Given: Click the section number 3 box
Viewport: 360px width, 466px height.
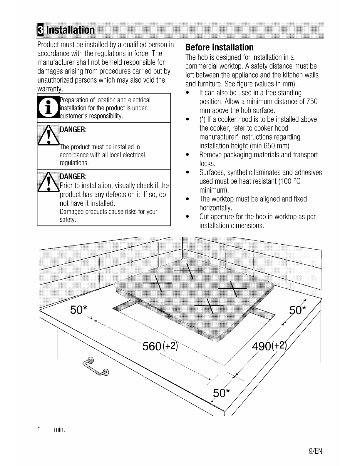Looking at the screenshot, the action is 40,30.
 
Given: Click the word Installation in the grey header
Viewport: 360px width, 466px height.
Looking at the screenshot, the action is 70,30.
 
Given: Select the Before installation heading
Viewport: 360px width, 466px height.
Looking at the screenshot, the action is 220,47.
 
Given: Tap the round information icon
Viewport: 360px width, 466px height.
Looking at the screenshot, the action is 48,107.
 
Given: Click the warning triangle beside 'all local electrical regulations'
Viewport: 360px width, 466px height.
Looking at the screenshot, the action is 49,135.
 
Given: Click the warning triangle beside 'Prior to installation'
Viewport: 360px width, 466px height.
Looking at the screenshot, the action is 49,182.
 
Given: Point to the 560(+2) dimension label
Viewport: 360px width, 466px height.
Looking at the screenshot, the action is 160,346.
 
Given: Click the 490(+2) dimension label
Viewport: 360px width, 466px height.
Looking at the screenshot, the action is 269,345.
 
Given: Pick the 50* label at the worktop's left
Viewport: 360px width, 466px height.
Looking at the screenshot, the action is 79,310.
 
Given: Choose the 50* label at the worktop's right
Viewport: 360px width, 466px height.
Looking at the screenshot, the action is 298,310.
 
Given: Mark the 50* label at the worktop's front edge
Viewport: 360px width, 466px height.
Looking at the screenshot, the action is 221,393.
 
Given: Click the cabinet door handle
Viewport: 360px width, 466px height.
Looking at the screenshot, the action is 96,366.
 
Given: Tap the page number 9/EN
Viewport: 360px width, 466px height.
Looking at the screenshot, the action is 315,451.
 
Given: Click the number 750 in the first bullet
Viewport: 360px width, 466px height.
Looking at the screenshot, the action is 312,101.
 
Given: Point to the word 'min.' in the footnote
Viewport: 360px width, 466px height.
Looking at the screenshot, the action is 59,429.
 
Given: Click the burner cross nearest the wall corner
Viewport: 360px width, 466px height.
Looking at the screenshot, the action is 189,271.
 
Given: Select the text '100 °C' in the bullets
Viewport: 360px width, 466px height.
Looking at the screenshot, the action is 290,181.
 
